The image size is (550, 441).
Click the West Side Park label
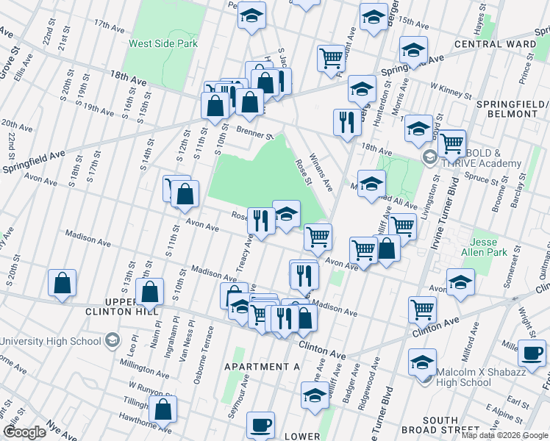tap(163, 43)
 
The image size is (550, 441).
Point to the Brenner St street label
tap(255, 133)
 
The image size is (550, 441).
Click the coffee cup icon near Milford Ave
tap(530, 352)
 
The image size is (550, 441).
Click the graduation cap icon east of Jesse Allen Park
tap(460, 282)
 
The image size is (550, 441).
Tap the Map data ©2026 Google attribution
tap(504, 435)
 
